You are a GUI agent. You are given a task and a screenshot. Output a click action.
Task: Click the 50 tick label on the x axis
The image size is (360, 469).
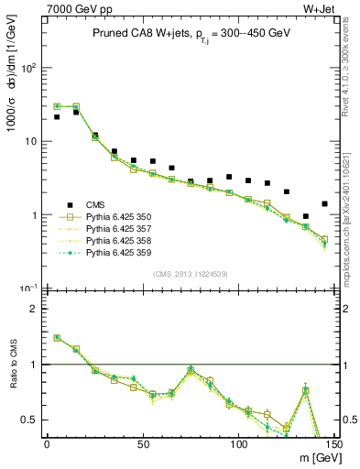[143, 444]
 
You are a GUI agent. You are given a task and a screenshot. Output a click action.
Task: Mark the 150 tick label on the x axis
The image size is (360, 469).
[333, 444]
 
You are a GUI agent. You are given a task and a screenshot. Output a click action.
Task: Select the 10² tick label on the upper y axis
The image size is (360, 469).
[29, 68]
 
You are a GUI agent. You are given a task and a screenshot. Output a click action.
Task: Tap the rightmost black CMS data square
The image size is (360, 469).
[325, 203]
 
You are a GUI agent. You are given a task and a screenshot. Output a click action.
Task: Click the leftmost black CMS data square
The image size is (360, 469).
[57, 117]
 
